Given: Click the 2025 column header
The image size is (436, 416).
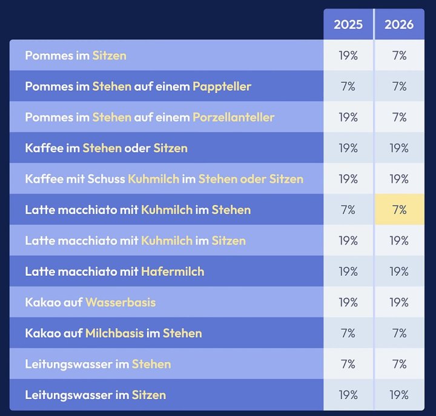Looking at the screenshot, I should [348, 24].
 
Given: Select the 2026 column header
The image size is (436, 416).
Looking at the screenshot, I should [399, 24].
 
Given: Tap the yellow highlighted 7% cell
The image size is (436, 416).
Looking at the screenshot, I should [399, 210].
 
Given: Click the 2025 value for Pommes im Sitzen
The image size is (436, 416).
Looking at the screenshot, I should [348, 56].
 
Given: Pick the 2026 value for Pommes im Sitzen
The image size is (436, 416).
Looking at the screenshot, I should [399, 56].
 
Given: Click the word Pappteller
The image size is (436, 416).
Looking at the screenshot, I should [222, 86].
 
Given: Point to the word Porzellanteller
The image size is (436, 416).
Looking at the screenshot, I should [233, 117].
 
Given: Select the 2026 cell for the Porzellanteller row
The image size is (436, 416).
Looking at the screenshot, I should [399, 117].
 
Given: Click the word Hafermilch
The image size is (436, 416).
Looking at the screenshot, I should [173, 271].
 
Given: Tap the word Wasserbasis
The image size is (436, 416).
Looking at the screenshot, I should [121, 302].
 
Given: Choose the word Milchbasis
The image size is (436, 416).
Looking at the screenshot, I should [114, 333].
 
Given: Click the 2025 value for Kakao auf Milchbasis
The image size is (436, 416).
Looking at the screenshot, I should [348, 333].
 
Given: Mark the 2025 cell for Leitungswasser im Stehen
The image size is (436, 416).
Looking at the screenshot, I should [348, 364].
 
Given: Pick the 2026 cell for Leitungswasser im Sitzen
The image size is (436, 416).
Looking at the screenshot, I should [399, 395].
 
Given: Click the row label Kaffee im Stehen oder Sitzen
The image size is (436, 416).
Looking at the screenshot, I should [106, 148].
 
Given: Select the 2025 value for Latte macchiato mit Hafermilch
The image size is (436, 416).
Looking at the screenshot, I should [348, 271].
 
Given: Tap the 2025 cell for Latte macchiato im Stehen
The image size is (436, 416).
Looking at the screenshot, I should [348, 210].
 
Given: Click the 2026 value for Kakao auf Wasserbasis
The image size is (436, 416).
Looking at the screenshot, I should [399, 302].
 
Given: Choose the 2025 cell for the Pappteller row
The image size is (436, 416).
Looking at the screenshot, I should [348, 86].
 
